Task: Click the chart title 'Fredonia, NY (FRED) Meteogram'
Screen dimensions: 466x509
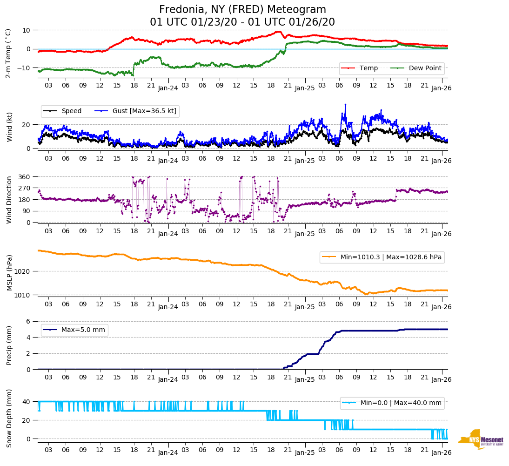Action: point(242,10)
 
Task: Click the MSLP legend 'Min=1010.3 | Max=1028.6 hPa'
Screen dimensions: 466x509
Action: point(382,257)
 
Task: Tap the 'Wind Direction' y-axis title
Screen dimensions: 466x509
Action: point(9,199)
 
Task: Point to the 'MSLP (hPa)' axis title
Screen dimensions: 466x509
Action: point(9,272)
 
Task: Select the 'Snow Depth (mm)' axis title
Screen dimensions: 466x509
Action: point(9,418)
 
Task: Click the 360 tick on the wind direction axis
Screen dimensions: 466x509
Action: point(24,177)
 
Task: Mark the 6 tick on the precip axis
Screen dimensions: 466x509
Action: point(28,321)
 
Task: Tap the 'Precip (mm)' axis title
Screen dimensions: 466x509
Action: point(9,345)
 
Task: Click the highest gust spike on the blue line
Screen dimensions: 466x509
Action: point(345,104)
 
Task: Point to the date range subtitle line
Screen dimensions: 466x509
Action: point(242,22)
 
